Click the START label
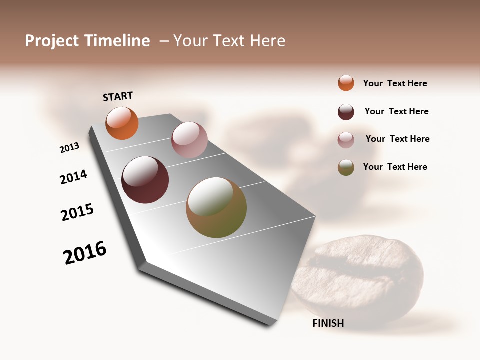[118, 96]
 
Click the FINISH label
[328, 323]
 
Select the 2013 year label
[69, 148]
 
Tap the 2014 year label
[73, 177]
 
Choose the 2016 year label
[85, 252]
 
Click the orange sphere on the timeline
[122, 123]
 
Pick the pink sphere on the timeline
[189, 140]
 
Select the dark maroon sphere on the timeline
[145, 180]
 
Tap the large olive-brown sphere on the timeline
[216, 207]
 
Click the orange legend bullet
[346, 83]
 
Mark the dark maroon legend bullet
[346, 112]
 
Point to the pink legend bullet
[346, 140]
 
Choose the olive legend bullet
[346, 167]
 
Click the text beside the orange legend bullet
[395, 83]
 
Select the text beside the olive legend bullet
[395, 167]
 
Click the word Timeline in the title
[117, 41]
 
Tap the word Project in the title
[52, 41]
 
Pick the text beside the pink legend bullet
[397, 139]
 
